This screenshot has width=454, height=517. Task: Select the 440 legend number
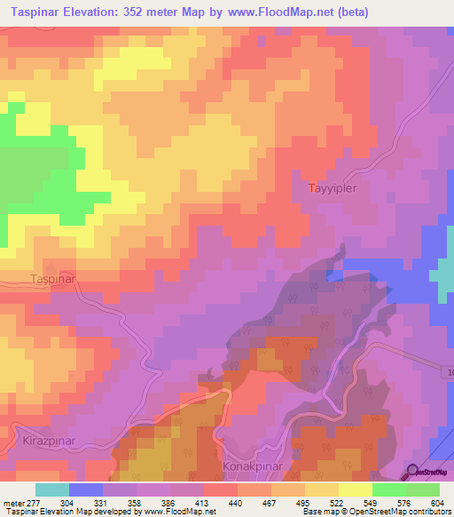237,502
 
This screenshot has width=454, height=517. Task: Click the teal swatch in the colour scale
52,489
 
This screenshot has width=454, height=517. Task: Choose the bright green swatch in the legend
389,489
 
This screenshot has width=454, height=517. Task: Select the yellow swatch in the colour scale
322,489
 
